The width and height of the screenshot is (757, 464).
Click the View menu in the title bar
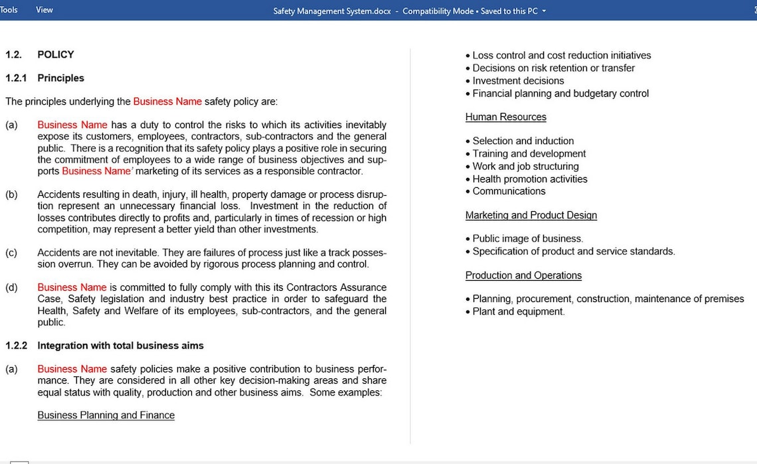click(x=44, y=10)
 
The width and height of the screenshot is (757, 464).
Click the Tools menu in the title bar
click(x=9, y=10)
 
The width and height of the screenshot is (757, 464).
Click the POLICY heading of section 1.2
click(x=56, y=54)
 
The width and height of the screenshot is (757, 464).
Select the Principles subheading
click(x=60, y=78)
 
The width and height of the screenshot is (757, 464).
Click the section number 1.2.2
click(x=16, y=345)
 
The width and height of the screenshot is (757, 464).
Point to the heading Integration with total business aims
click(x=120, y=345)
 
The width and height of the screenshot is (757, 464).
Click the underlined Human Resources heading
click(x=505, y=117)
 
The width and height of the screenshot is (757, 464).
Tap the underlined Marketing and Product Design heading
click(x=531, y=215)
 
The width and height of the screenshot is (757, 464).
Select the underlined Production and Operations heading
click(x=523, y=275)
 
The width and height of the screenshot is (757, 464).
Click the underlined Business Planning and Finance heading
click(x=106, y=415)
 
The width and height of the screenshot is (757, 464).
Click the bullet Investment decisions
click(x=518, y=81)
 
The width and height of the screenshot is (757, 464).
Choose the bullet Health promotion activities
click(x=529, y=179)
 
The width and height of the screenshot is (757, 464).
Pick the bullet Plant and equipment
click(x=518, y=311)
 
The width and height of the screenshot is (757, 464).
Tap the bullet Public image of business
click(x=527, y=238)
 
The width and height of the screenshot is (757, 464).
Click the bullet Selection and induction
click(x=523, y=141)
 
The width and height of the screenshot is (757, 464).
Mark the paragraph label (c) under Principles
click(x=11, y=252)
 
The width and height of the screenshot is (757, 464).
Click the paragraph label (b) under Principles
click(x=11, y=194)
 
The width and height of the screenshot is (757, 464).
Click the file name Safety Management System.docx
click(x=332, y=11)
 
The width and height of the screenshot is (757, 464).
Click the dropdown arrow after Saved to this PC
click(x=545, y=11)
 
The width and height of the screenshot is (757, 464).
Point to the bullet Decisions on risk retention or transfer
click(x=553, y=68)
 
